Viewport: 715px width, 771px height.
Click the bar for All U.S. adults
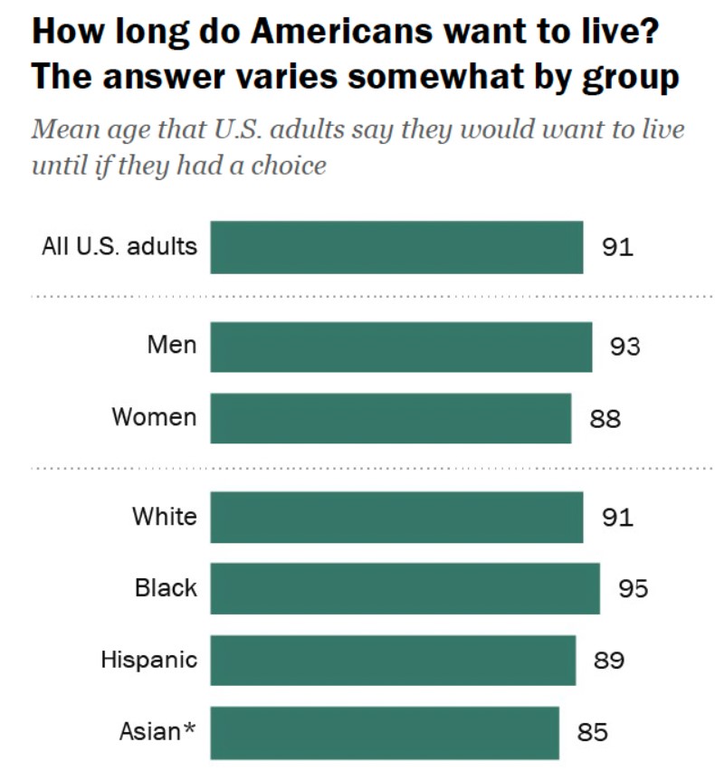click(396, 247)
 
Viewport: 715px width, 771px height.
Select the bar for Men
click(401, 347)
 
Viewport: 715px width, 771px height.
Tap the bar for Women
click(390, 418)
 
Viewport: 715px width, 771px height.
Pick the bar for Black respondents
click(405, 588)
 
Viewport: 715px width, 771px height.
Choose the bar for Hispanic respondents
click(393, 660)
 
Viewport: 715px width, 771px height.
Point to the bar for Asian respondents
click(385, 731)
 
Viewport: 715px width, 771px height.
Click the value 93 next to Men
click(624, 347)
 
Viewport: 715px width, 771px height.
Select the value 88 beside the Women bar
click(605, 419)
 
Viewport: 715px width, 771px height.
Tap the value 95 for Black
click(633, 588)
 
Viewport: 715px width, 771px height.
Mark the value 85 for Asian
click(592, 731)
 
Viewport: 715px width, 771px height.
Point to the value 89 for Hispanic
click(609, 660)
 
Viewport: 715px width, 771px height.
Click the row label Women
click(154, 417)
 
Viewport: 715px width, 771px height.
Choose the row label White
click(164, 516)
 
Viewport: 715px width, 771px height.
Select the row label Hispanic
click(148, 659)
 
